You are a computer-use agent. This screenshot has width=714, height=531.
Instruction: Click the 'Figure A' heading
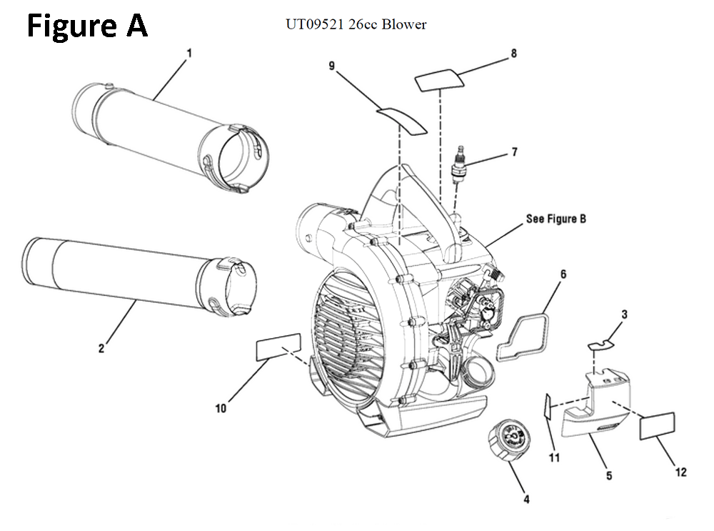click(x=87, y=26)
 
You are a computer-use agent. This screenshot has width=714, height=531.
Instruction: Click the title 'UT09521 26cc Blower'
click(x=356, y=25)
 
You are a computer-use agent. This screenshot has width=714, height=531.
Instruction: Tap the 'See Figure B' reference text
click(x=555, y=219)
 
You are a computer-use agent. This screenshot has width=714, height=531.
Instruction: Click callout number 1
click(x=189, y=53)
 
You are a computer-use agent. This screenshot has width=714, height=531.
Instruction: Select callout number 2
click(x=101, y=348)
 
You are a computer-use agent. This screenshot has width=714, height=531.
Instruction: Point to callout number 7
click(x=513, y=152)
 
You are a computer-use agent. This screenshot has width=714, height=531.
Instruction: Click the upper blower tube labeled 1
click(x=171, y=137)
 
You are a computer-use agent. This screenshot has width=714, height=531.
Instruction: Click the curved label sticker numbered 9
click(x=402, y=119)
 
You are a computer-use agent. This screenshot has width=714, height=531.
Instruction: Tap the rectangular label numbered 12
click(x=657, y=426)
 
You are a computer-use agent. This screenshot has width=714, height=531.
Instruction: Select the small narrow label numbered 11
click(x=548, y=407)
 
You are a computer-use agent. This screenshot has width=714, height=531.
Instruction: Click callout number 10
click(x=221, y=408)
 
